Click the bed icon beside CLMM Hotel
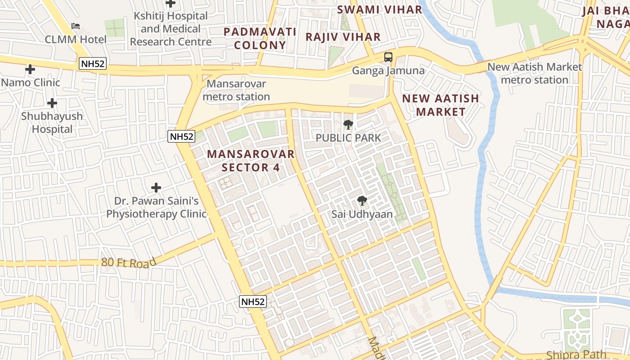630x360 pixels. (76, 27)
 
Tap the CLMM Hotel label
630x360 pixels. (76, 40)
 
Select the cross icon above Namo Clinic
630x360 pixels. (30, 69)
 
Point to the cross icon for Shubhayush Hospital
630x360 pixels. (52, 103)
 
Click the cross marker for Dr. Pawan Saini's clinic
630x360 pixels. (156, 187)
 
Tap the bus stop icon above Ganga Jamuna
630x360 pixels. (388, 57)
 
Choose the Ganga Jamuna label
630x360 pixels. (388, 71)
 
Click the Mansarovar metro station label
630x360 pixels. (236, 90)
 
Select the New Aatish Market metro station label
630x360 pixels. (535, 73)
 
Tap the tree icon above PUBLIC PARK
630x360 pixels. (348, 125)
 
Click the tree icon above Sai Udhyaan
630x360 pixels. (362, 201)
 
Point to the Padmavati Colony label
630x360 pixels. (260, 38)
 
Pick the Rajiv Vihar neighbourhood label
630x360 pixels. (343, 37)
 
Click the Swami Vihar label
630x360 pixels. (379, 9)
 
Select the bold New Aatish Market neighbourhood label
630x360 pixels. (441, 105)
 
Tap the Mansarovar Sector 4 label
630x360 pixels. (251, 161)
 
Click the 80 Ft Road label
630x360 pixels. (129, 262)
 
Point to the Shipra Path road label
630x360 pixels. (576, 355)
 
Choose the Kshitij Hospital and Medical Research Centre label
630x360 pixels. (171, 29)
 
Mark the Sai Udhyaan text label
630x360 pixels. (362, 214)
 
